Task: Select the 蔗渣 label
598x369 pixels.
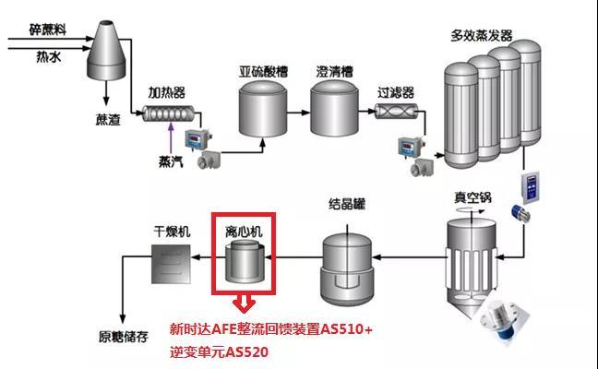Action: point(107,119)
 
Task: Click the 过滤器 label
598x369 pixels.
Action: point(395,93)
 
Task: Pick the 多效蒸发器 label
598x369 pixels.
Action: point(481,36)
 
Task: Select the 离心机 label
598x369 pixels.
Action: point(244,232)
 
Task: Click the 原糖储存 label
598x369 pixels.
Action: point(124,336)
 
